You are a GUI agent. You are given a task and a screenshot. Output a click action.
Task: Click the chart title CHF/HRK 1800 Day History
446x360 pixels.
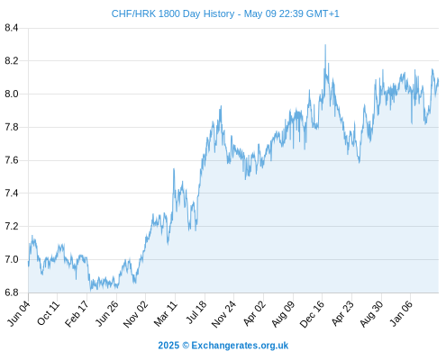click(173, 13)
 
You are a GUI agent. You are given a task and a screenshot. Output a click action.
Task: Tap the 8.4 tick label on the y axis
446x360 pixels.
click(12, 28)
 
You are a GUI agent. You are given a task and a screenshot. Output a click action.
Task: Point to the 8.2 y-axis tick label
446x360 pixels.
click(12, 61)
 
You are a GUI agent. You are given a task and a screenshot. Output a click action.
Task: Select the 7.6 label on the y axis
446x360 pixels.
click(12, 160)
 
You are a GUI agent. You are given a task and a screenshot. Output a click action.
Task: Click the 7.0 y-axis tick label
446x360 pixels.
click(12, 259)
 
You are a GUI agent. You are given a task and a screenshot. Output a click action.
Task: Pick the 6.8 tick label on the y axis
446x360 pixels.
click(12, 292)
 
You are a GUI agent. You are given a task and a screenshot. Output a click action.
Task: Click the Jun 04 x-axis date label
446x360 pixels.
click(19, 313)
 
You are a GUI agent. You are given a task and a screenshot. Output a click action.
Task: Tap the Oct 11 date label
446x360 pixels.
click(49, 313)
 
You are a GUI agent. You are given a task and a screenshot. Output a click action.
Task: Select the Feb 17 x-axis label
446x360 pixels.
click(77, 314)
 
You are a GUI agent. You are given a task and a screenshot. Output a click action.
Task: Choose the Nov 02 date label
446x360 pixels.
click(136, 314)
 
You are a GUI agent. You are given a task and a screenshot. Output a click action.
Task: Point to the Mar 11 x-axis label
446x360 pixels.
click(166, 313)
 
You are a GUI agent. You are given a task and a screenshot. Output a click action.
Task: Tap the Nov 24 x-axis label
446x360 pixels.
click(224, 314)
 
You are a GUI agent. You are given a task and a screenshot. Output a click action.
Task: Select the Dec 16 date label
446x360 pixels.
click(313, 314)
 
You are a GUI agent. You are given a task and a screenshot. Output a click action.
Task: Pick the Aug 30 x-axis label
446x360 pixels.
click(371, 314)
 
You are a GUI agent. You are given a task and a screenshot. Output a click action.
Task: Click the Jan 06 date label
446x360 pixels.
click(402, 313)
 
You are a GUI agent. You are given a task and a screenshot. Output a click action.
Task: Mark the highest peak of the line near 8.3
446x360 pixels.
click(325, 45)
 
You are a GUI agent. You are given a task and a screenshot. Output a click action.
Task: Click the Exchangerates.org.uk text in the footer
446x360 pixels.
click(240, 346)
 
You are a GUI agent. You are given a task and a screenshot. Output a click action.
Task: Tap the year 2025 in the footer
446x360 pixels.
click(168, 346)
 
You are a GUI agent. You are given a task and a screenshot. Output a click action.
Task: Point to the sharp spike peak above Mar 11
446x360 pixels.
click(174, 169)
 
